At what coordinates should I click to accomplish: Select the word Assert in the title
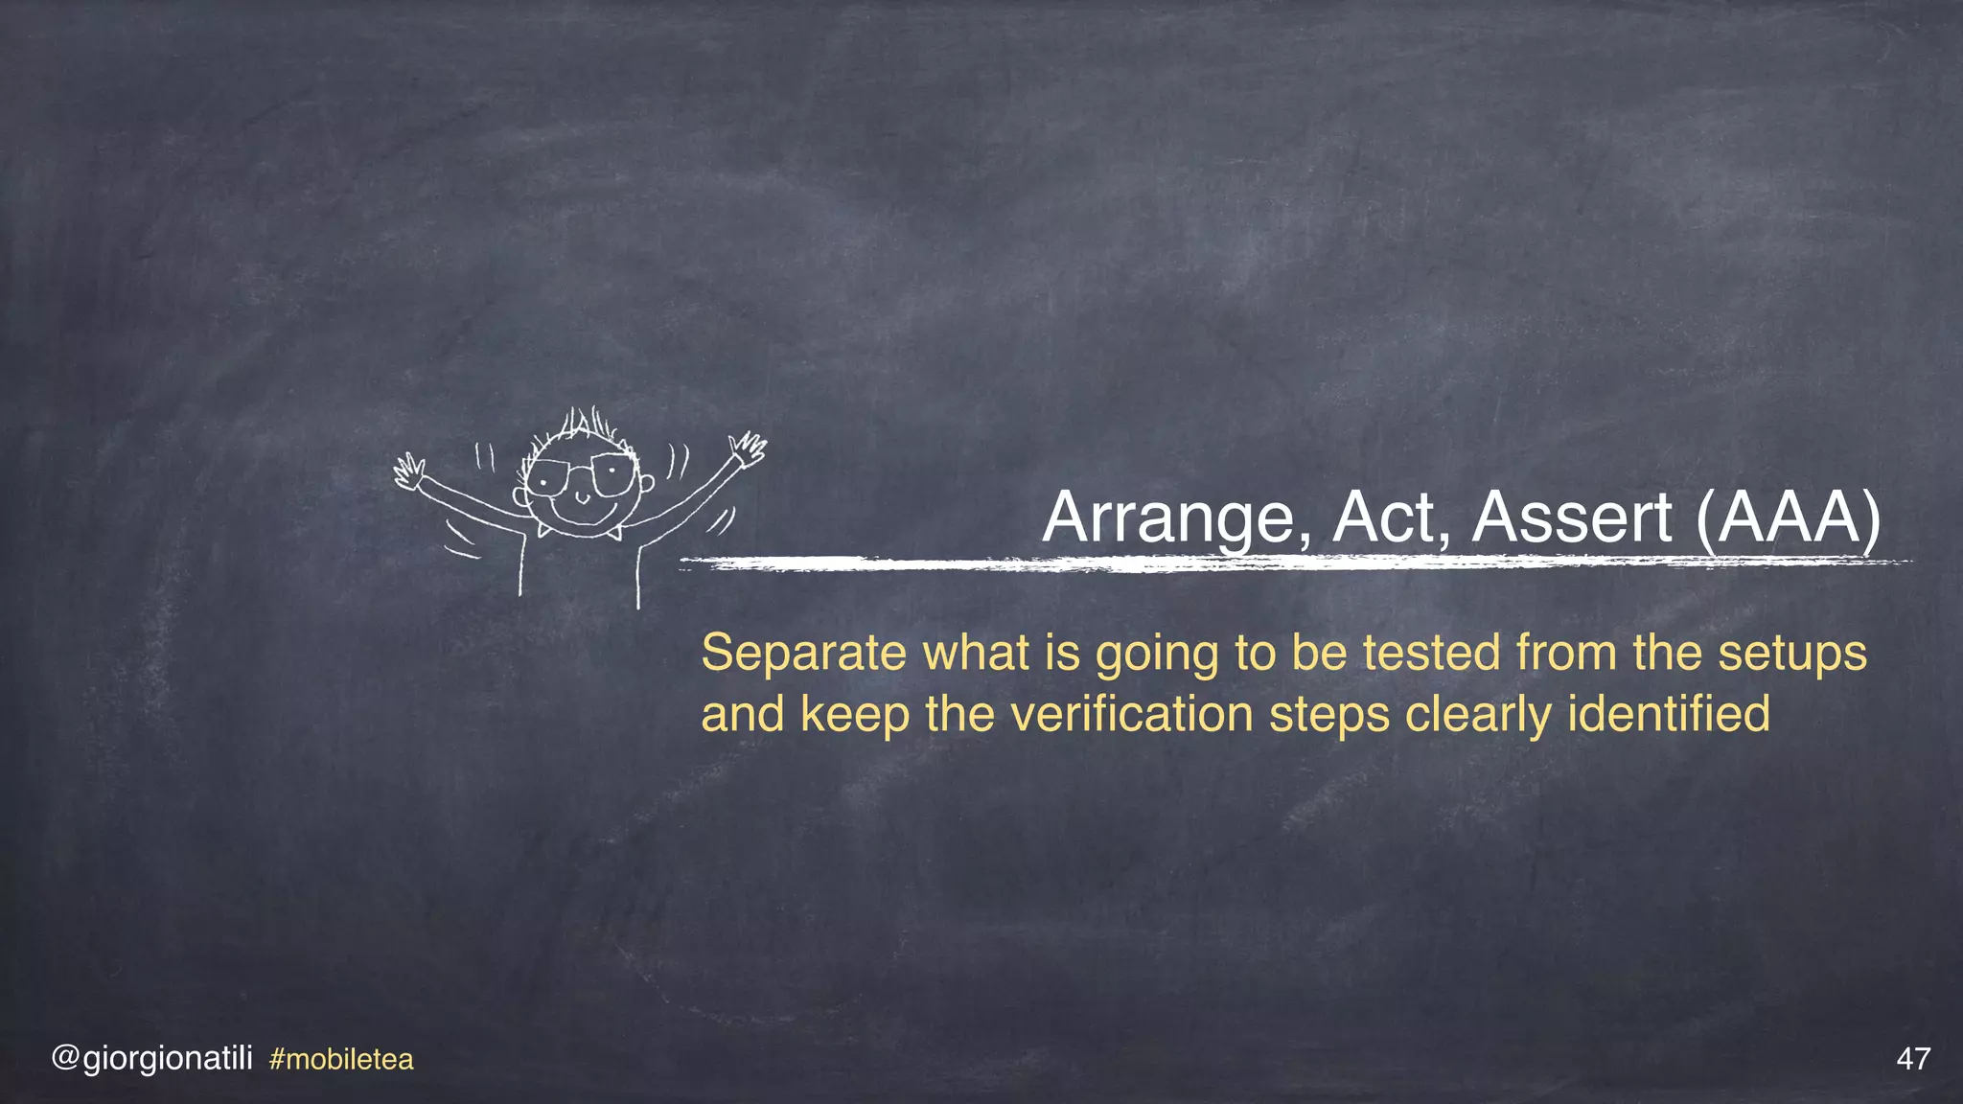[x=1573, y=518]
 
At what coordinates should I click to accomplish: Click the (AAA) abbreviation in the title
[x=1789, y=518]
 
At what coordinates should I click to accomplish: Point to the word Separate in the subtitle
[x=804, y=654]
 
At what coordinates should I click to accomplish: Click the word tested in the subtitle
[x=1432, y=654]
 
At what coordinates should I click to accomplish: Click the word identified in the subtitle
[x=1669, y=715]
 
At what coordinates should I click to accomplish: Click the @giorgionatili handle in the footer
[x=152, y=1059]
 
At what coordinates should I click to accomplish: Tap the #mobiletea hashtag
[x=341, y=1060]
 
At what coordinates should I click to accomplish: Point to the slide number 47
[x=1913, y=1059]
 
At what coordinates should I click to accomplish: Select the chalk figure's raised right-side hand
[x=748, y=448]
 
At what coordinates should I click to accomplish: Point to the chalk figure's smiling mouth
[x=581, y=501]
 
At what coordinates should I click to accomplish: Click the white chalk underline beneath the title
[x=1294, y=563]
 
